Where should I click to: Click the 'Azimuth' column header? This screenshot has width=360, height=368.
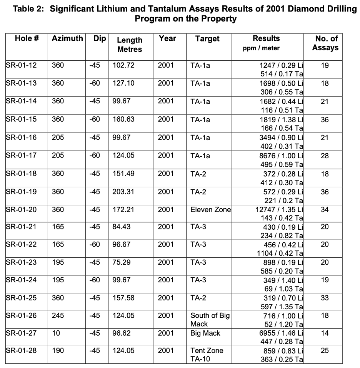pos(67,38)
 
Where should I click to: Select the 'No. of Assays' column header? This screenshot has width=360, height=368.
pos(325,43)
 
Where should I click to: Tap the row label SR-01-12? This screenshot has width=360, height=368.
pos(22,65)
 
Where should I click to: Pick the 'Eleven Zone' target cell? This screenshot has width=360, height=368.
pos(210,209)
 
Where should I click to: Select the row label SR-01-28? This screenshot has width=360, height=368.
pos(22,350)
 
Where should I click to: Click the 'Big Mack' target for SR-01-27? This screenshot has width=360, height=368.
pos(205,333)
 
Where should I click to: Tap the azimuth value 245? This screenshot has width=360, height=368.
pos(58,315)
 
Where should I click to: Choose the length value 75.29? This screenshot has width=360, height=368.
pos(121,262)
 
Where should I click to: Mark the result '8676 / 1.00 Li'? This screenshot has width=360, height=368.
pos(282,156)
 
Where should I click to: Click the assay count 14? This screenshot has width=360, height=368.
pos(325,333)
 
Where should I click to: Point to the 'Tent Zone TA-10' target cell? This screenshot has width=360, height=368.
pos(207,355)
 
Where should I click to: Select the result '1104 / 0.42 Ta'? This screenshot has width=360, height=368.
pos(280,253)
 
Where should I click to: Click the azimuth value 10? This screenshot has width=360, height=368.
pos(56,333)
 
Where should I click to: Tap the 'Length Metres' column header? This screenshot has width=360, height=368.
pos(130,45)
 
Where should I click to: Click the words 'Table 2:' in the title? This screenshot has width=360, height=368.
pos(28,9)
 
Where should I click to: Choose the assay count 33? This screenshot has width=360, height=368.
pos(325,298)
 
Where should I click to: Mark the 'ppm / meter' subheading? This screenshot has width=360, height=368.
pos(261,48)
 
